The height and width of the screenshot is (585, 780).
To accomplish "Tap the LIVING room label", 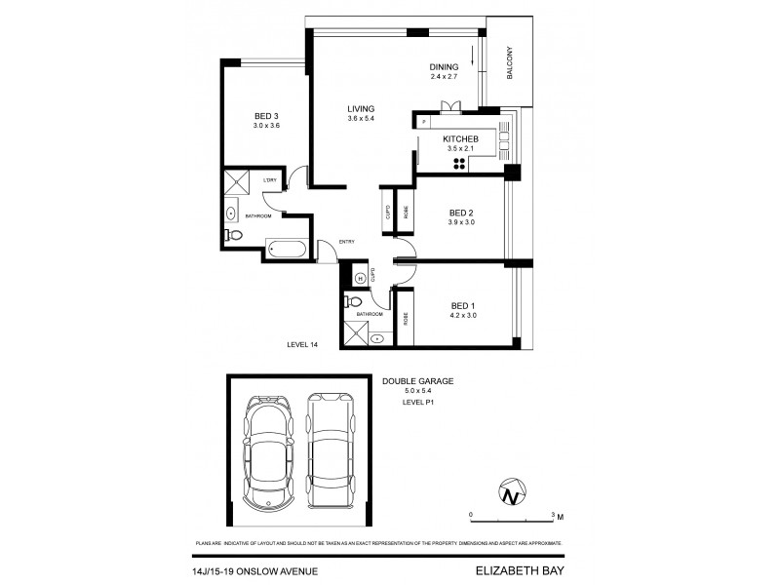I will click(x=361, y=108).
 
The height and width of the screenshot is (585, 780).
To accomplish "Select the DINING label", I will click(x=444, y=66).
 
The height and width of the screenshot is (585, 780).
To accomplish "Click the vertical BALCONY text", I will click(x=509, y=65).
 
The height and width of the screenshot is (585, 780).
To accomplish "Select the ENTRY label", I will click(x=346, y=242).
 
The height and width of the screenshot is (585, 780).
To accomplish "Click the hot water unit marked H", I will click(x=359, y=278).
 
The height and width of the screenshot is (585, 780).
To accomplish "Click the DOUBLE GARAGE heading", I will click(x=418, y=381).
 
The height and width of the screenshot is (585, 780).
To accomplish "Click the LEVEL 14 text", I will click(x=303, y=344).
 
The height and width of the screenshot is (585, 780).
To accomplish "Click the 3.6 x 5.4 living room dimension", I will click(x=361, y=119).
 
